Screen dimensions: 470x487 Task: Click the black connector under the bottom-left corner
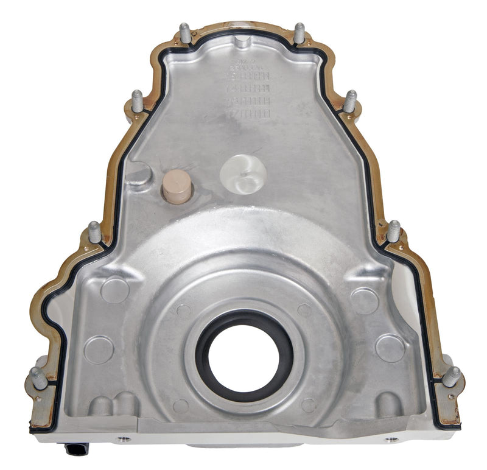[76, 449]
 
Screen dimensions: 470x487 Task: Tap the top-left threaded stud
[185, 33]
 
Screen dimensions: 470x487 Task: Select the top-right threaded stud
[299, 33]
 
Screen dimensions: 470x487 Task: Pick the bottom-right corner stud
[452, 377]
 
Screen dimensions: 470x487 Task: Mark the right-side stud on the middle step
[393, 231]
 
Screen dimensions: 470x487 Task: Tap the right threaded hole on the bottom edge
[391, 438]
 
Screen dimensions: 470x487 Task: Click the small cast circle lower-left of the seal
[181, 405]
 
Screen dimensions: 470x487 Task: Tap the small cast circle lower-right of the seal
[309, 405]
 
